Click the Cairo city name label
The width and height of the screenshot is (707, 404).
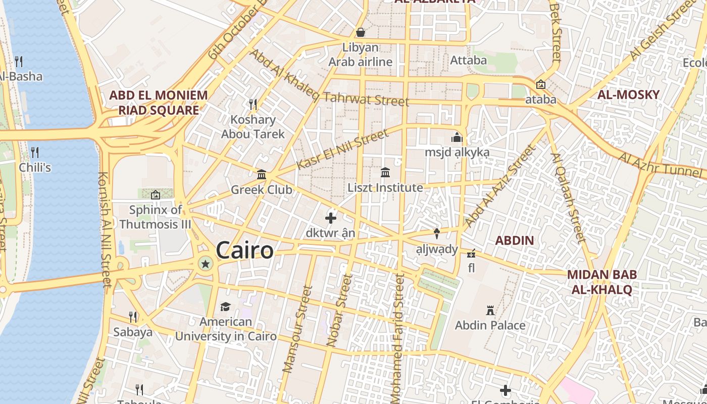pos(245,250)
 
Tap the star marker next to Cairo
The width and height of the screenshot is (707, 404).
pos(205,264)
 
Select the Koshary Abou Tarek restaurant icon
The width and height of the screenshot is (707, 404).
pos(253,105)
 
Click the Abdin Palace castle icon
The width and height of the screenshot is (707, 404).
pos(489,310)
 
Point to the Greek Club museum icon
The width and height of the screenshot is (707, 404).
pos(262,175)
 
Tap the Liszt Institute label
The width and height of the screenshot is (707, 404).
pos(385,188)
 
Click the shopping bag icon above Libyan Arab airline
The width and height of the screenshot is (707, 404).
pos(361,32)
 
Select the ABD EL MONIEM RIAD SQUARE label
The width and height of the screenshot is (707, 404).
pos(159,103)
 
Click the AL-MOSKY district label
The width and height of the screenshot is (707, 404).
pos(628,94)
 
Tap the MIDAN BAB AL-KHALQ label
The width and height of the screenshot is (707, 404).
pos(601,282)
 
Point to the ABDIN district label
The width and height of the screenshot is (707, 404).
pos(514,240)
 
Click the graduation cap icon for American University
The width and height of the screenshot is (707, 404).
pos(225,307)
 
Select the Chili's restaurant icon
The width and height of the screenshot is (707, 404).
pos(35,151)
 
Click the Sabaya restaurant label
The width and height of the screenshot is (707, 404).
pos(133,332)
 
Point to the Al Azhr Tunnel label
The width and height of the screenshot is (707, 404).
pos(661,166)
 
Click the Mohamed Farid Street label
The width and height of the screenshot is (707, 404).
pos(398,338)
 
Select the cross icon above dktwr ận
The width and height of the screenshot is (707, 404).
pos(331,218)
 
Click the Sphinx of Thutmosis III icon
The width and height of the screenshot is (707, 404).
pos(156,194)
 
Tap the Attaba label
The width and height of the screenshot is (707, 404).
pos(468,60)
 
